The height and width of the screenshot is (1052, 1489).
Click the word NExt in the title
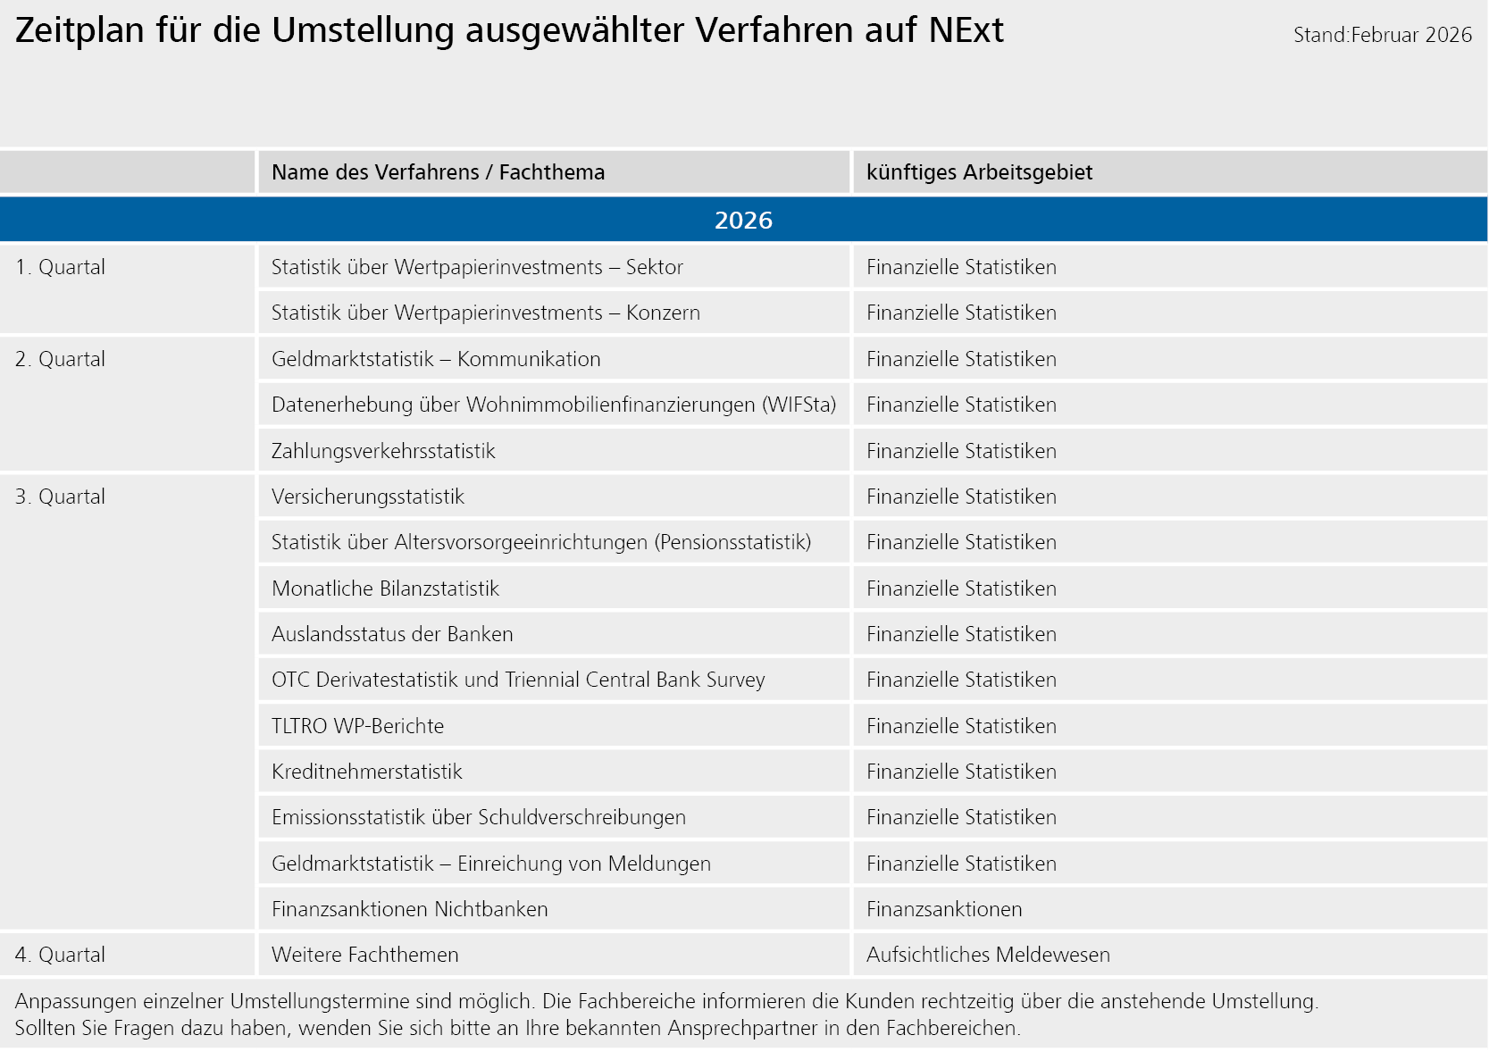(x=966, y=30)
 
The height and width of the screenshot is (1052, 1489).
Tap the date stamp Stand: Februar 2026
(x=1382, y=35)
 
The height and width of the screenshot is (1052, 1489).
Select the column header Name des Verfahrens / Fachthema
(x=438, y=172)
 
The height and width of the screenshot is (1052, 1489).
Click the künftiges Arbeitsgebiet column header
(x=979, y=172)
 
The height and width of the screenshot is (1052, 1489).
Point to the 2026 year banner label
(x=743, y=221)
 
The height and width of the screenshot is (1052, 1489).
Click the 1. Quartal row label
(x=60, y=267)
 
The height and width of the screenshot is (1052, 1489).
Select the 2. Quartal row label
(x=60, y=359)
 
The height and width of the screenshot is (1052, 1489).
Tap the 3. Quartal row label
(x=60, y=497)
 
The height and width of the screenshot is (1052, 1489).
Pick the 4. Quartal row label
(x=60, y=955)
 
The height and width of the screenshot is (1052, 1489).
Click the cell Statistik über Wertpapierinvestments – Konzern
(x=485, y=313)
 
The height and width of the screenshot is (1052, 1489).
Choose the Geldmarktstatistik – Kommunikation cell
(x=436, y=359)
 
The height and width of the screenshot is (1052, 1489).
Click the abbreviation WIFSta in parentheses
(x=799, y=405)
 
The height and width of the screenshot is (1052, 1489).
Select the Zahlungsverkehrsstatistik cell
(x=383, y=451)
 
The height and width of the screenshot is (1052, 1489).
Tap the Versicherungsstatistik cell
(x=368, y=497)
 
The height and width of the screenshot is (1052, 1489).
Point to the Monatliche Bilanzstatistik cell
(x=385, y=589)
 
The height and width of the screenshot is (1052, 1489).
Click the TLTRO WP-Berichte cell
(x=357, y=726)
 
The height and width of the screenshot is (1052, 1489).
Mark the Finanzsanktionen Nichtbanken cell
(x=409, y=909)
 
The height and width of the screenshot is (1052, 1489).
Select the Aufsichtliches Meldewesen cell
(x=988, y=955)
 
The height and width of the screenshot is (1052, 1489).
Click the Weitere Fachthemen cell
(x=364, y=955)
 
